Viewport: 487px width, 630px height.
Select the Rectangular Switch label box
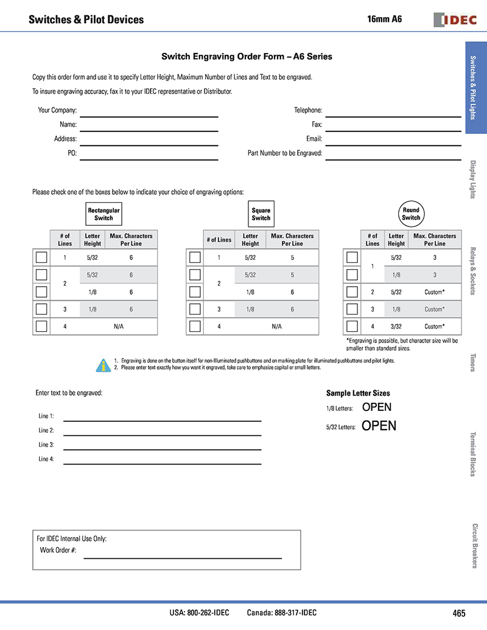point(103,214)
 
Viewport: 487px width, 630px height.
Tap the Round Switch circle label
point(411,214)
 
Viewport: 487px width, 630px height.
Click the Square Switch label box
point(261,214)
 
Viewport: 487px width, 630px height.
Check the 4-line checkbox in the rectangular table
point(41,326)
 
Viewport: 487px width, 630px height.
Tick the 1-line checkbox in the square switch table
point(195,257)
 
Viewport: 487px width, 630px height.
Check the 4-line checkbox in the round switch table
point(352,326)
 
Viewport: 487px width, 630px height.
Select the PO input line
point(149,158)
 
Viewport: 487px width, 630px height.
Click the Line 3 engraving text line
point(162,449)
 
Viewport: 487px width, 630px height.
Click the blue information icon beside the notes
point(103,364)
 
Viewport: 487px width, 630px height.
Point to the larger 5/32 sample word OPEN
point(379,426)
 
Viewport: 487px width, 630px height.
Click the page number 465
point(459,613)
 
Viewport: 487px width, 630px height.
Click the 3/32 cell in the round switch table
point(396,326)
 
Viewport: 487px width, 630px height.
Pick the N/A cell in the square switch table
point(276,326)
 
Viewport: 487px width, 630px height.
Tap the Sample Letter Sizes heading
point(358,393)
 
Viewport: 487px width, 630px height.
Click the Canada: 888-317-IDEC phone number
point(282,613)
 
